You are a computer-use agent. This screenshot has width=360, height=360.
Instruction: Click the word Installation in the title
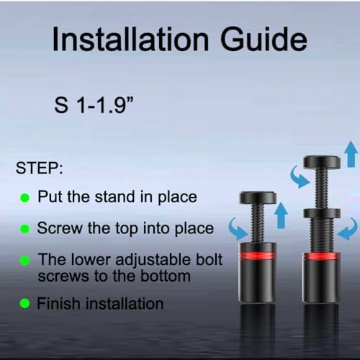(130, 39)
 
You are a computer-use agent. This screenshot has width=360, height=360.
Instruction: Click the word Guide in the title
(264, 38)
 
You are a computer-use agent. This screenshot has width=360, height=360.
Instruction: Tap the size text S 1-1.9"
(94, 105)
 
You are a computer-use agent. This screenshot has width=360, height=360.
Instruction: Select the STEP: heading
(40, 168)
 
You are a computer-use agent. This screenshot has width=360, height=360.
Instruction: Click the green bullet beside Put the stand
(24, 198)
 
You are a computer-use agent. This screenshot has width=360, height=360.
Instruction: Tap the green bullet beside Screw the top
(24, 229)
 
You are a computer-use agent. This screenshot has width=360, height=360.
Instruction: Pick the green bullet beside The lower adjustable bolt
(24, 260)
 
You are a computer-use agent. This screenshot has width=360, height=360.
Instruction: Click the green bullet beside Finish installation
(24, 303)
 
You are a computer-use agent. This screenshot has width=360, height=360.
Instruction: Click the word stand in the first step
(115, 197)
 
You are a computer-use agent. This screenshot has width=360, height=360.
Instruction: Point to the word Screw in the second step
(60, 228)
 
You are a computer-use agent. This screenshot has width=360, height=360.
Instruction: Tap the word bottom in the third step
(166, 276)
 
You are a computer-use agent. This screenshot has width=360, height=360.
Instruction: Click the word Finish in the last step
(58, 303)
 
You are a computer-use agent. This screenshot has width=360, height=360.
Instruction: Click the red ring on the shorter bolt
(257, 256)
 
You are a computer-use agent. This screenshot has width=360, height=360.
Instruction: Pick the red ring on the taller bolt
(321, 256)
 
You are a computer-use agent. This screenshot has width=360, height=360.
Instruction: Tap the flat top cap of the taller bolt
(322, 162)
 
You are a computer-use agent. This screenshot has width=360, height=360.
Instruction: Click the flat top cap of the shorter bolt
(258, 197)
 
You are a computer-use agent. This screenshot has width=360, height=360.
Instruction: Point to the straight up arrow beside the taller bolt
(351, 154)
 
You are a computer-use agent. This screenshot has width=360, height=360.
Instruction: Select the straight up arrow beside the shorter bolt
(281, 215)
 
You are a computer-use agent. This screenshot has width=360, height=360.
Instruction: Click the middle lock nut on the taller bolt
(322, 213)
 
